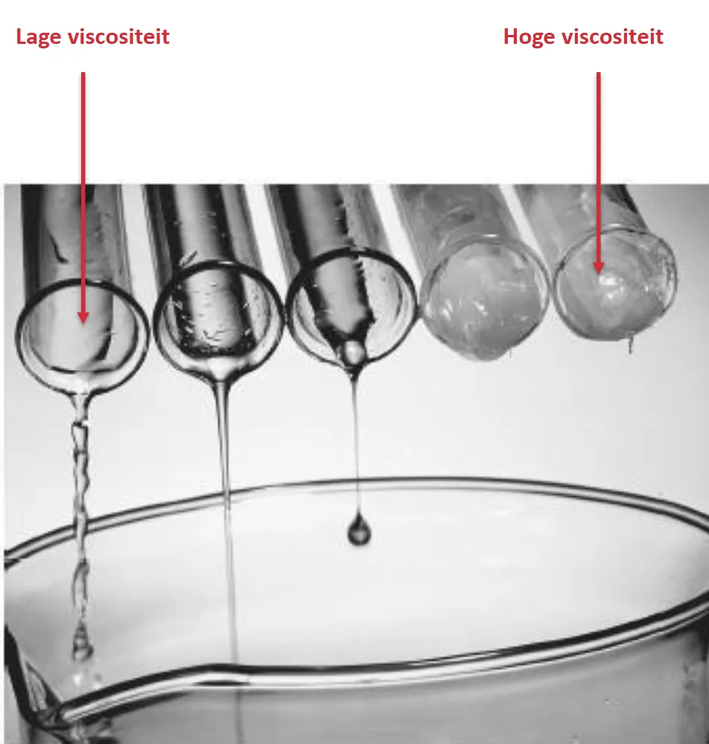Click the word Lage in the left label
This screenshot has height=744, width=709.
pos(39,37)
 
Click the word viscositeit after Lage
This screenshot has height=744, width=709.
pos(118,36)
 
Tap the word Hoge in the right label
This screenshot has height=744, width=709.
pos(529,37)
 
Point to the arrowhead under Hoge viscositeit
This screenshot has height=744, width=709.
pos(598,268)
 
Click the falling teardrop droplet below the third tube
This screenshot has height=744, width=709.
pos(358,528)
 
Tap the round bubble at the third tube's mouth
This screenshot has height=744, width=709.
pos(352,352)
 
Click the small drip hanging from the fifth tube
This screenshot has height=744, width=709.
pos(630,344)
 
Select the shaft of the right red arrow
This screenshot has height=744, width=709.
pos(598,167)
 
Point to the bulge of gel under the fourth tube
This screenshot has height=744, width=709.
pos(494,352)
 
